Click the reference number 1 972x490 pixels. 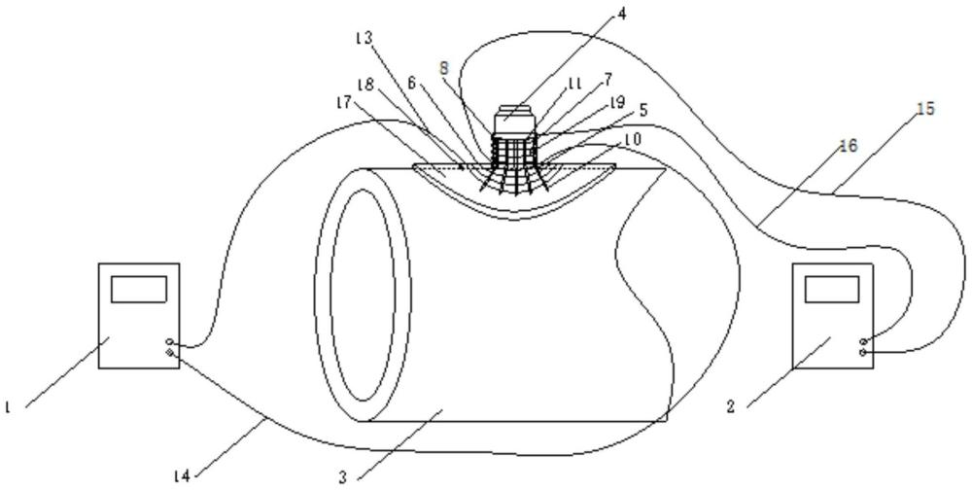[x=7, y=407]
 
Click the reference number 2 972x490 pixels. [x=731, y=407]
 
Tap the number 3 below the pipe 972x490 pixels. [x=342, y=477]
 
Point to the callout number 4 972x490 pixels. [x=622, y=13]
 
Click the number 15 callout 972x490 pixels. [x=926, y=109]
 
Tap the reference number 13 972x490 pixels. [x=364, y=38]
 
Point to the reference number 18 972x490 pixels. [x=365, y=85]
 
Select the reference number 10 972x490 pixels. [x=632, y=139]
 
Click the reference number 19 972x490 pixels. [x=617, y=101]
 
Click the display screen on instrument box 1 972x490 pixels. [x=139, y=289]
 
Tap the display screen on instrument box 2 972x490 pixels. [x=832, y=289]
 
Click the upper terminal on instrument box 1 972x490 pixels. [x=170, y=342]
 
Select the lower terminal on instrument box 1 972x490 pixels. [x=170, y=352]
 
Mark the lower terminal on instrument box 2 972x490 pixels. [x=863, y=352]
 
